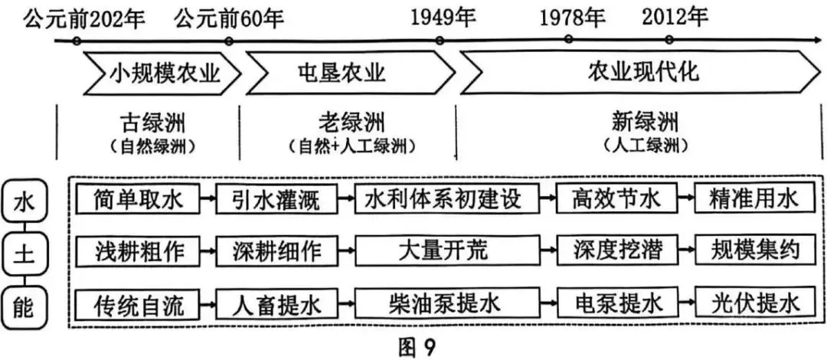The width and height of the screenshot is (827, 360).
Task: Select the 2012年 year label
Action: (675, 16)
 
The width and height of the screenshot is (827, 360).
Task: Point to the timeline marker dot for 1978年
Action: (567, 39)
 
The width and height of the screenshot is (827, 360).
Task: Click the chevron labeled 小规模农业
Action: (161, 74)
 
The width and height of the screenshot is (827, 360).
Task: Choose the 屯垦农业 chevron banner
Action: (345, 74)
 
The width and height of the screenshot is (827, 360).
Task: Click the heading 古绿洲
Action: (153, 123)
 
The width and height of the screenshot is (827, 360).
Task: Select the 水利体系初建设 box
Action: (443, 200)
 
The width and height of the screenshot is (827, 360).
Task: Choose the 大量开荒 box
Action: (443, 251)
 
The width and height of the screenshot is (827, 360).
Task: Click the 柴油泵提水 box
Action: (443, 306)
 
